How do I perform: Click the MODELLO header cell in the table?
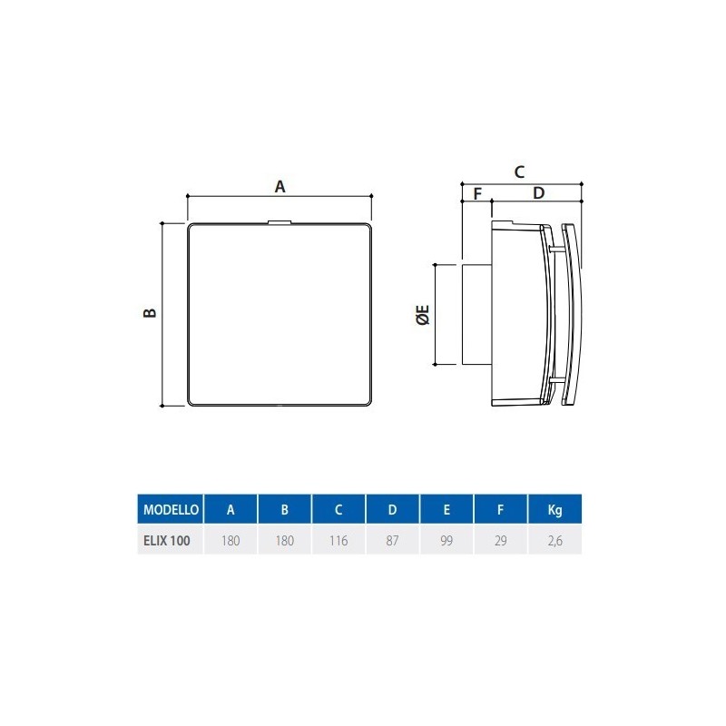click(x=169, y=510)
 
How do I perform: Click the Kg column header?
click(x=554, y=510)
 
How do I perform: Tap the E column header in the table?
click(x=446, y=510)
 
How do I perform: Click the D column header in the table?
click(x=392, y=510)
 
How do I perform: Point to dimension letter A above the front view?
click(x=280, y=186)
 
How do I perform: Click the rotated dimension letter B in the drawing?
click(x=151, y=313)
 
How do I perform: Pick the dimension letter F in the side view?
click(x=476, y=193)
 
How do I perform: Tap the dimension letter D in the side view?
click(x=537, y=193)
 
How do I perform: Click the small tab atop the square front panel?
click(x=280, y=220)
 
